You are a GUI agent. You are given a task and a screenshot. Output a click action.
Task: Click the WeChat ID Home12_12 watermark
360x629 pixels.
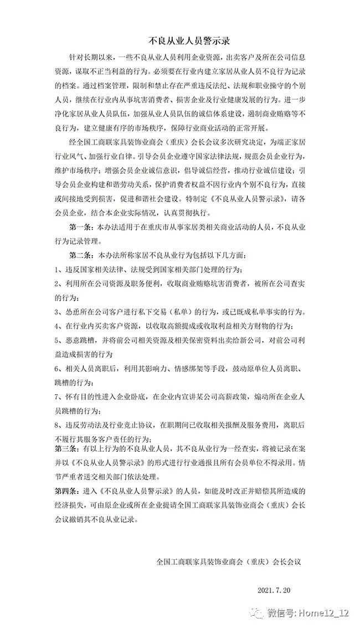point(325,613)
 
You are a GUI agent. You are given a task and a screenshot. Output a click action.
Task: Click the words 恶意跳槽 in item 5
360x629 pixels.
point(81,339)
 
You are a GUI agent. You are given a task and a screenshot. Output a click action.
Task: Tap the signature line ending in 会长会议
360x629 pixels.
point(228,561)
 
